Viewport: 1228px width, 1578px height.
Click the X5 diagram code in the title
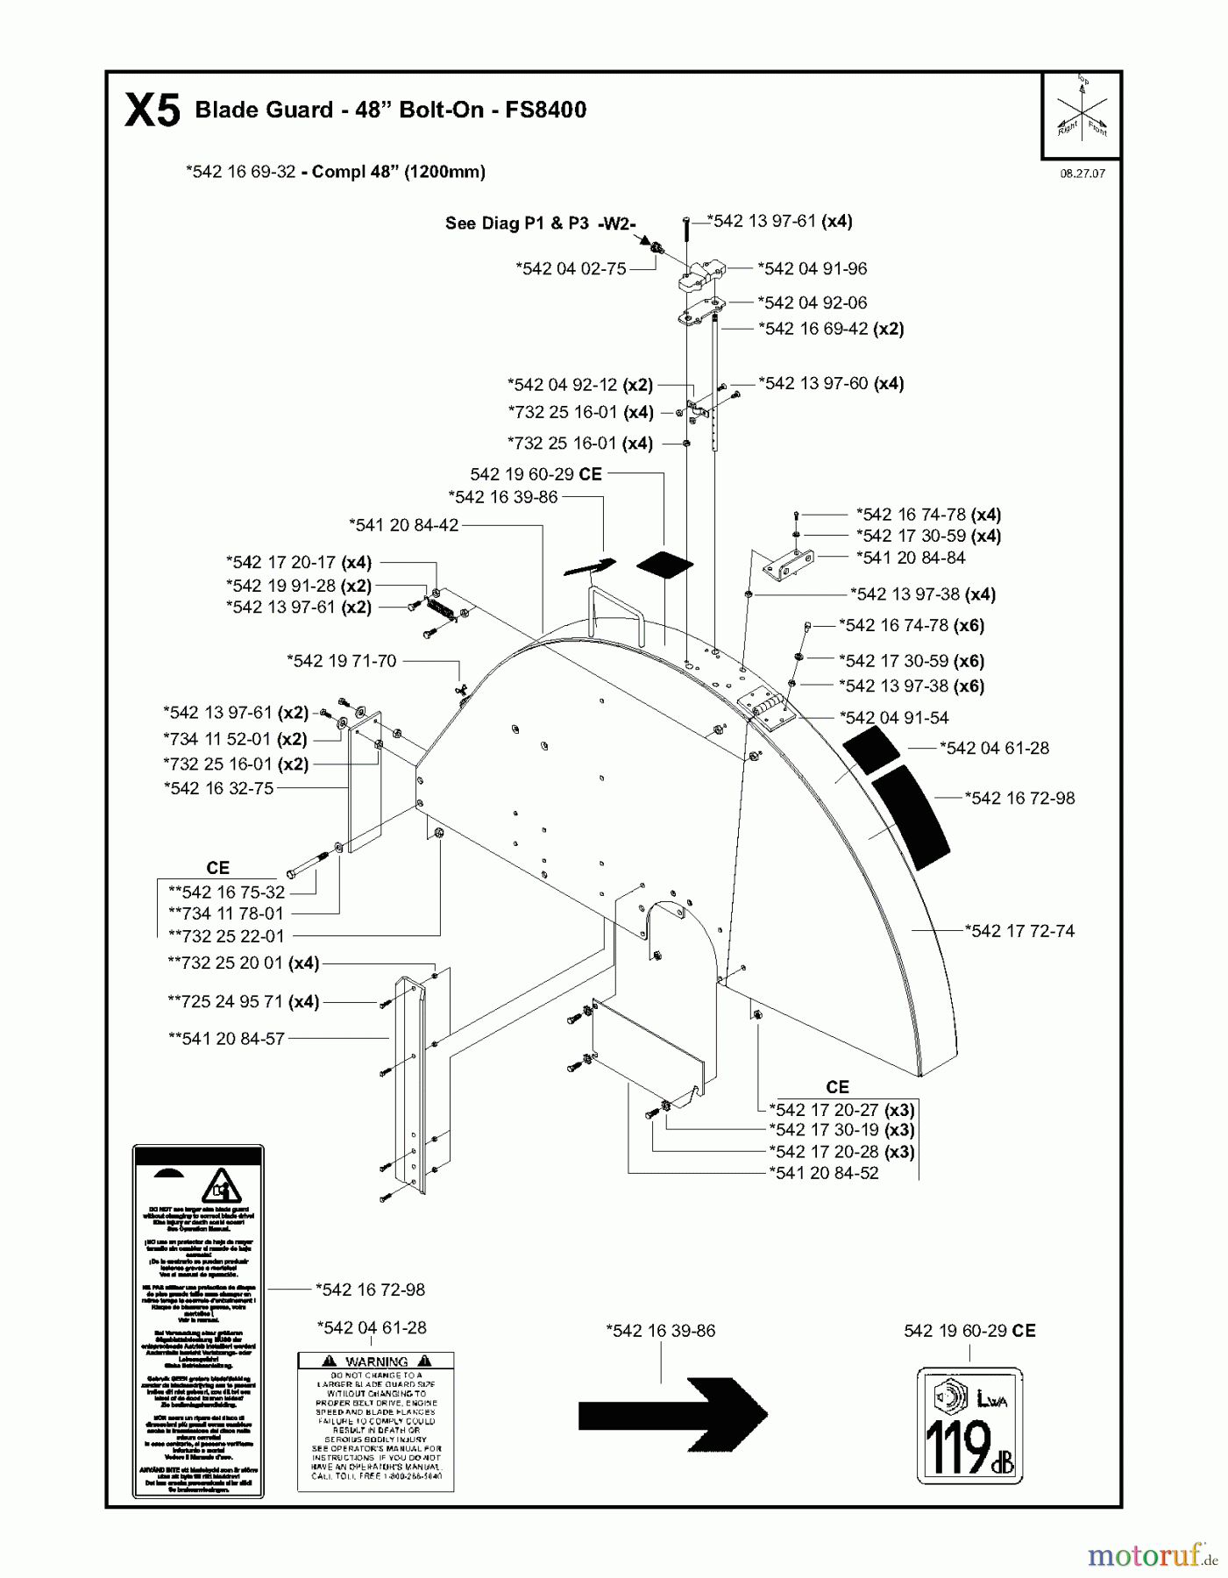[153, 111]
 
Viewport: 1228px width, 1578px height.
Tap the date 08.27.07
[1082, 174]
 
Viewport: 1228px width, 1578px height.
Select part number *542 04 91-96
[812, 268]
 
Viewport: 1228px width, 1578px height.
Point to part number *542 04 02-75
[571, 268]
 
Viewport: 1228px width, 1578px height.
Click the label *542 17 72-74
[1019, 931]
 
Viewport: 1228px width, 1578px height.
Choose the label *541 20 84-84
[911, 558]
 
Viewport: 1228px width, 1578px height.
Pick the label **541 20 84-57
[226, 1038]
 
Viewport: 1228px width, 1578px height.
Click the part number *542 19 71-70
[341, 661]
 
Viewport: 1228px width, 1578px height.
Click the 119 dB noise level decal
[969, 1425]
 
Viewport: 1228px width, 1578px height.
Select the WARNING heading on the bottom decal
[376, 1361]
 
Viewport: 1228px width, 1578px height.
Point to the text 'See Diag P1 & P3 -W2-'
[540, 224]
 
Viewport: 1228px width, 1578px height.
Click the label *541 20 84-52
[823, 1173]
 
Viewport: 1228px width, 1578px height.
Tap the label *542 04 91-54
[894, 717]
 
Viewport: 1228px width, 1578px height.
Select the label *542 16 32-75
[218, 788]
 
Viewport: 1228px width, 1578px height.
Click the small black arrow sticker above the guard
[590, 566]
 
